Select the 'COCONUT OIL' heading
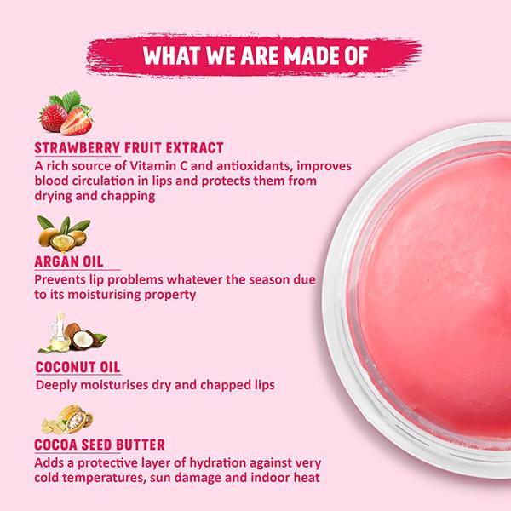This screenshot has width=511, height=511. [77, 368]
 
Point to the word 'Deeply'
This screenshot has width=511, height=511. [58, 386]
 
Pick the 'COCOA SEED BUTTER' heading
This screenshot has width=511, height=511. [100, 445]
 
